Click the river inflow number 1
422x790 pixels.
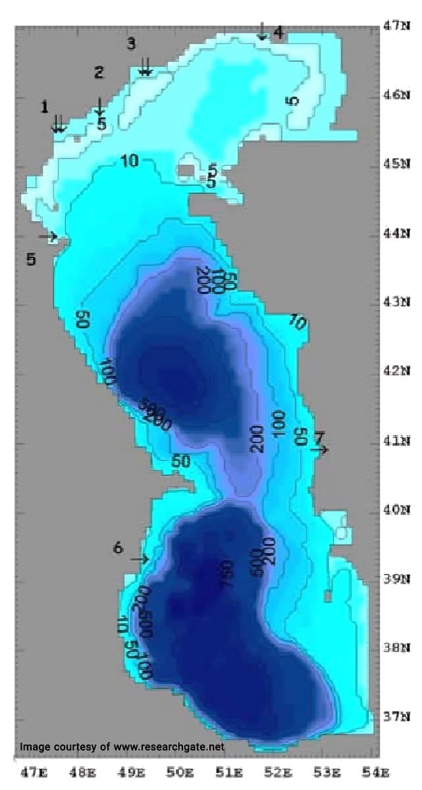coord(44,106)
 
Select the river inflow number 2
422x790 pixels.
coord(99,72)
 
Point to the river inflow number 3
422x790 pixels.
coord(131,43)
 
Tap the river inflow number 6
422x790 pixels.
coord(118,547)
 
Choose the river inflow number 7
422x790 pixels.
coord(319,437)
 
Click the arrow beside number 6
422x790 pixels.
coord(139,559)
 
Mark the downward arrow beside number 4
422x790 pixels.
coord(262,31)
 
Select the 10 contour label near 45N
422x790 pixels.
coord(129,161)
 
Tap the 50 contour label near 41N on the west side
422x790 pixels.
coord(181,461)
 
